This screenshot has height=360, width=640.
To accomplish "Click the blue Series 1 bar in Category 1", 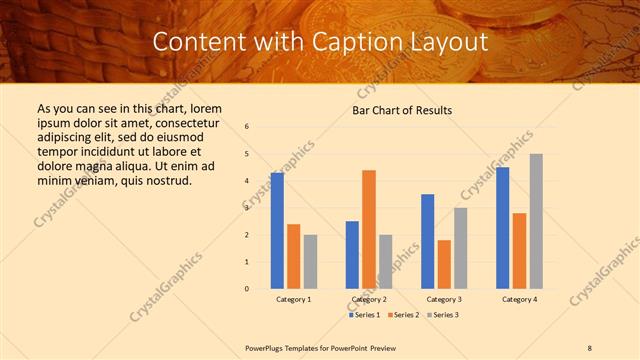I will [277, 231].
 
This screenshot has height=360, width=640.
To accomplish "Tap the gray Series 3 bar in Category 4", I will [536, 221].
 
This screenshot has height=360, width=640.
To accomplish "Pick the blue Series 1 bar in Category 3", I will [428, 241].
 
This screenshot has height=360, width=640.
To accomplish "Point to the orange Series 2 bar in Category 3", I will [444, 264].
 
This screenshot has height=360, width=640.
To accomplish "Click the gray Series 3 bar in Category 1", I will [310, 262].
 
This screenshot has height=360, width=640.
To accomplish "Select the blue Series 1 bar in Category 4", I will [503, 228].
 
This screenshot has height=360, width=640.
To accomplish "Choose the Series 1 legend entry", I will [366, 315].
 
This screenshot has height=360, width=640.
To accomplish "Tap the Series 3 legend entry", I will [445, 315].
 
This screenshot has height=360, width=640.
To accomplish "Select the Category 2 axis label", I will [369, 299].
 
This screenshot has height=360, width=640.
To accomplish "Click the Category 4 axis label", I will [519, 299].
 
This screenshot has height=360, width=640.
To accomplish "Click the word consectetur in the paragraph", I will [189, 123].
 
